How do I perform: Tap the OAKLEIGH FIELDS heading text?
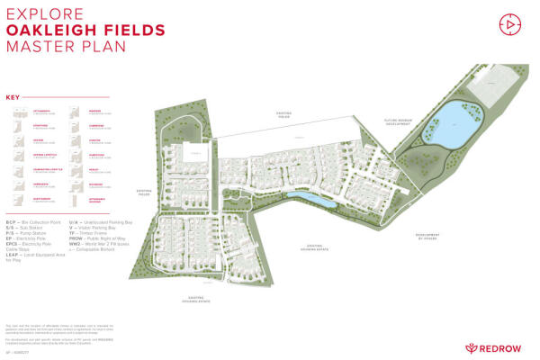pos(85,30)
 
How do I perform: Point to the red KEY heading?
pos(13,97)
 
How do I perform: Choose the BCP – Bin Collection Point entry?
pos(34,220)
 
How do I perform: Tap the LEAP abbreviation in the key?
pos(13,252)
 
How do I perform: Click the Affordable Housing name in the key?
pos(101,197)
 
